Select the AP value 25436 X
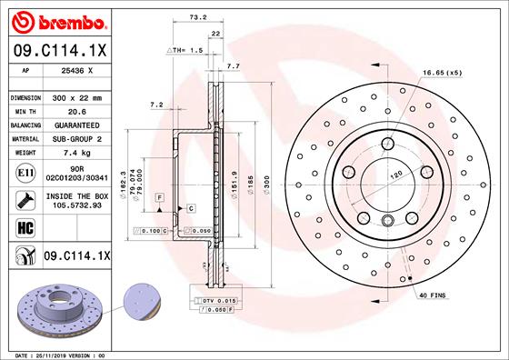point(77,69)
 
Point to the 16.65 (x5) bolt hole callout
point(442,72)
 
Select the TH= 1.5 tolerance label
point(186,50)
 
